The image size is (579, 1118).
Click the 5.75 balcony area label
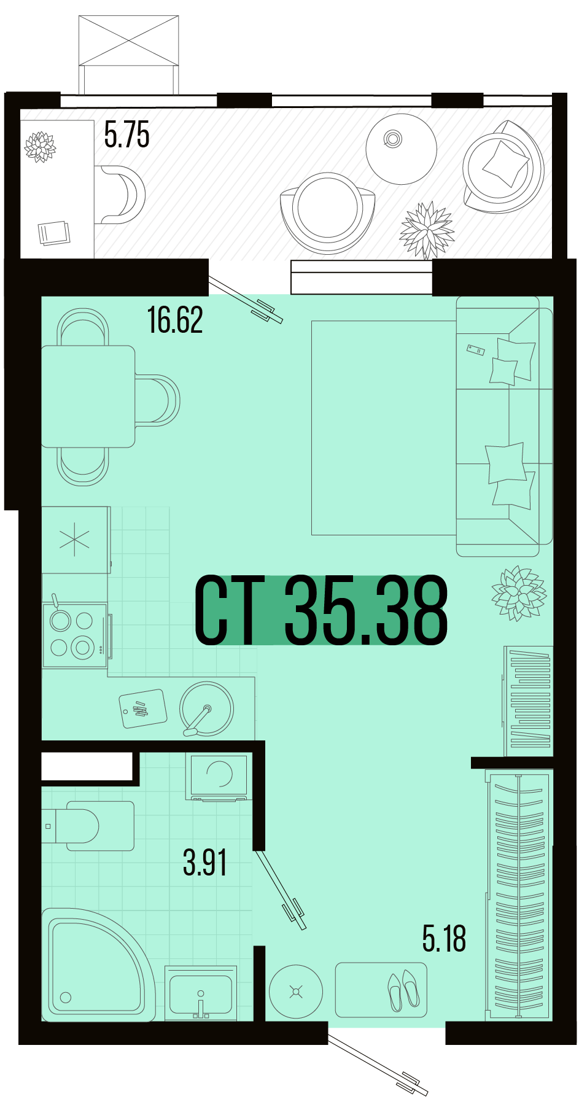click(x=126, y=135)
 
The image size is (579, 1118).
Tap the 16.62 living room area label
click(x=175, y=320)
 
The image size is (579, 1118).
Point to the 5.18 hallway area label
click(x=444, y=938)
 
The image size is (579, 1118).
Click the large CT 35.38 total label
click(x=321, y=610)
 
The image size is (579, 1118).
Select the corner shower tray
click(x=95, y=965)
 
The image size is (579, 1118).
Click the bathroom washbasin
click(x=201, y=993)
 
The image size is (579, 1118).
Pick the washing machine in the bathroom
click(x=219, y=777)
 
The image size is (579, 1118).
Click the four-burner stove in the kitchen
click(x=74, y=635)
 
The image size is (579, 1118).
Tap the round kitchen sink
click(x=206, y=708)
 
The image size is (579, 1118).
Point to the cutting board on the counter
click(x=143, y=709)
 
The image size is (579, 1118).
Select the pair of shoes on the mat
click(x=403, y=990)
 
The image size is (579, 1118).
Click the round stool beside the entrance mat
click(x=296, y=992)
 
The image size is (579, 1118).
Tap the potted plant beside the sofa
click(x=519, y=593)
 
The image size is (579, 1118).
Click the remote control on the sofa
click(x=476, y=350)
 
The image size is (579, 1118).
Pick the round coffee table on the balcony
click(x=401, y=149)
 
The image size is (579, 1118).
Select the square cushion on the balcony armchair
click(x=505, y=163)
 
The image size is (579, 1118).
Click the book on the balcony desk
click(x=54, y=233)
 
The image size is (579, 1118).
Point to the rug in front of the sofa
click(x=384, y=427)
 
